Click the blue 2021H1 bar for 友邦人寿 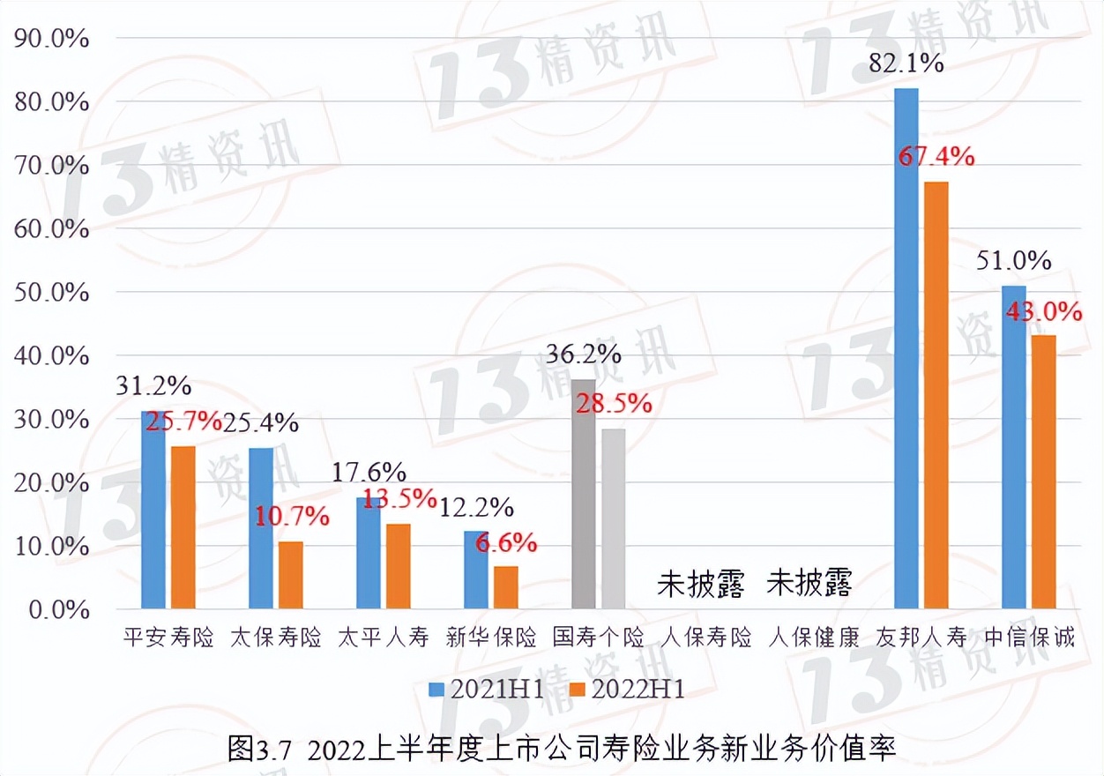[906, 348]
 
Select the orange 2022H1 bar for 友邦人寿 [936, 395]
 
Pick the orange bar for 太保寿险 [290, 575]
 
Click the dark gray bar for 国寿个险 [584, 494]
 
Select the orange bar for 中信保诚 [1043, 472]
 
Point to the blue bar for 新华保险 [476, 570]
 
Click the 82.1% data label [907, 63]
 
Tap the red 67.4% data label [936, 158]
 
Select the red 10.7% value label [292, 517]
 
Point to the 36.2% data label [584, 354]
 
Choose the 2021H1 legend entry [484, 690]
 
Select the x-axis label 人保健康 [813, 638]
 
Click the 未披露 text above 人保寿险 [701, 584]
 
